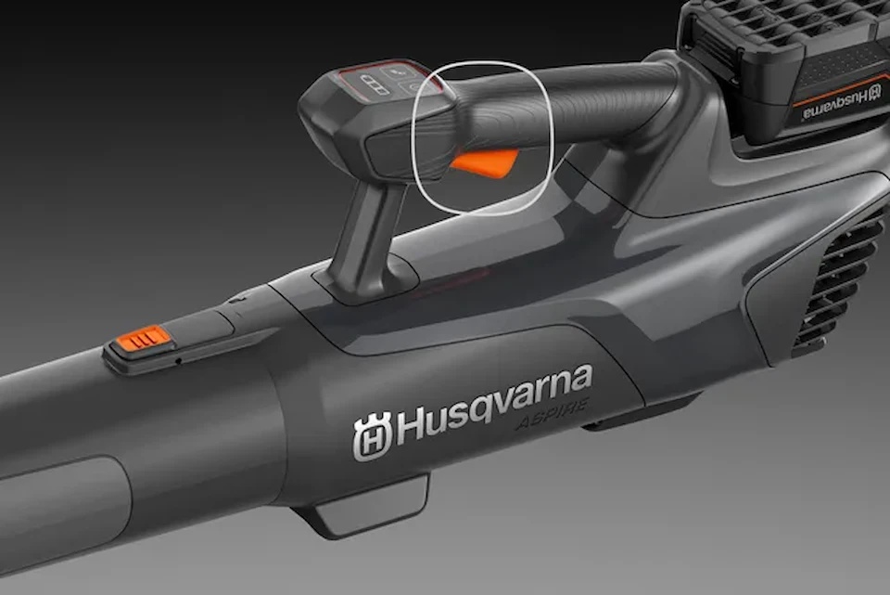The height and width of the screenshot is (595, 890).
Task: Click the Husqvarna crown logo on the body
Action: pyautogui.click(x=373, y=436)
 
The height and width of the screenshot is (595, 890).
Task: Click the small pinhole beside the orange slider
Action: pyautogui.click(x=178, y=360)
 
